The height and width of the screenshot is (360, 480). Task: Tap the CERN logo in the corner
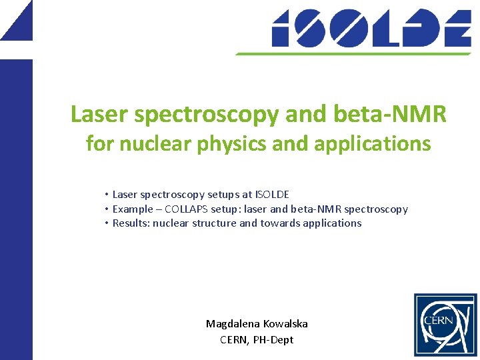[445, 325]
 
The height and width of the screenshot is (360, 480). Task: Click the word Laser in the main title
[99, 115]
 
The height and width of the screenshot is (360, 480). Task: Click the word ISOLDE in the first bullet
[272, 195]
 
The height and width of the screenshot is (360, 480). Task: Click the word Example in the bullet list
[133, 209]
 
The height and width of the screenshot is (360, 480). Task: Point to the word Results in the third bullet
[131, 223]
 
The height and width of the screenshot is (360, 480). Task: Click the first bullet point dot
[106, 195]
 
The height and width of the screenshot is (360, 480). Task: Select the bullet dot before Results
[106, 223]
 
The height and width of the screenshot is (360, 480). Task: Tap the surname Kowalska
[285, 324]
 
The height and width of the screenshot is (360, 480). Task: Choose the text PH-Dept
[273, 339]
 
